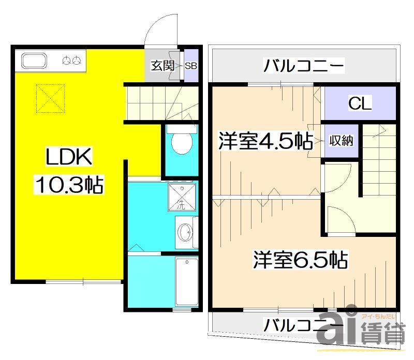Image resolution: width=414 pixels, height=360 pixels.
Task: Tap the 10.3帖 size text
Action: (69, 184)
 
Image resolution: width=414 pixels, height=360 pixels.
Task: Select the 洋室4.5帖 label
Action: (264, 141)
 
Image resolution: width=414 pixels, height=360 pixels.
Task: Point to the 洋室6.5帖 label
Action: (300, 259)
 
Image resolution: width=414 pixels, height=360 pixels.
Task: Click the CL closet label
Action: (359, 103)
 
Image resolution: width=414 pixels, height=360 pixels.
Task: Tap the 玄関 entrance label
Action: (162, 66)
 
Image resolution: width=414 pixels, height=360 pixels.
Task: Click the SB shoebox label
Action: (191, 66)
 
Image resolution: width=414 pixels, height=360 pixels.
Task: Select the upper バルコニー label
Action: (304, 66)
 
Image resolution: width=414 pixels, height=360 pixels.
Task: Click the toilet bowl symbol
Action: (181, 142)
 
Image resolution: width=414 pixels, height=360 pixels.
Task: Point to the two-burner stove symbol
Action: (73, 61)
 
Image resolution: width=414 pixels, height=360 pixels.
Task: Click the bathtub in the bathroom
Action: (185, 282)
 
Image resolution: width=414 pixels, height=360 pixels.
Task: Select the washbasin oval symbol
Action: (185, 233)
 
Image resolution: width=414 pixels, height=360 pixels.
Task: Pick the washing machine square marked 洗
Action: (182, 197)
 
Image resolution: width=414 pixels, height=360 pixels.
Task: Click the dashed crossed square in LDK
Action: (49, 98)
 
